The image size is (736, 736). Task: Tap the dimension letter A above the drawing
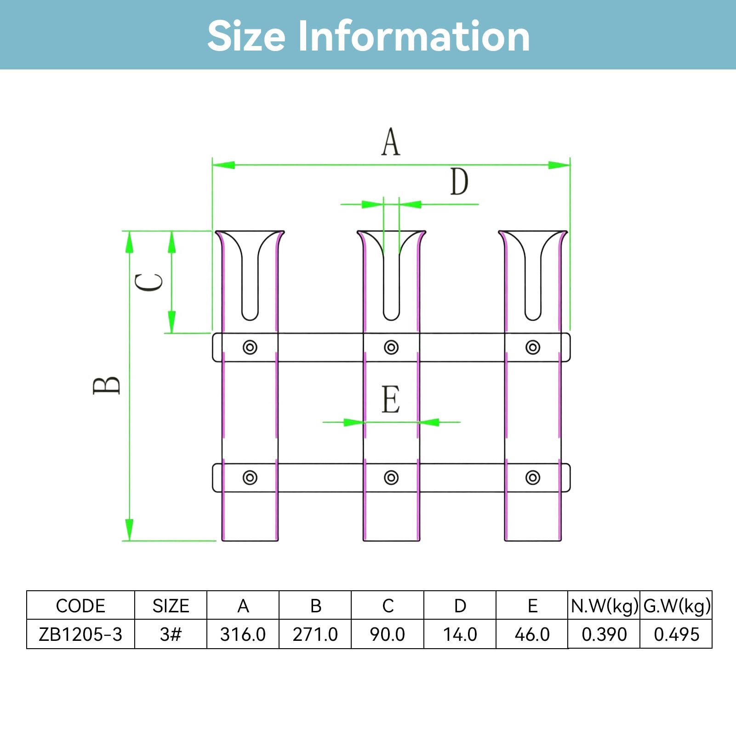(391, 142)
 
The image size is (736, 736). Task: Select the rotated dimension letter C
(148, 282)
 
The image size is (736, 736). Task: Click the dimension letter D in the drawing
(459, 182)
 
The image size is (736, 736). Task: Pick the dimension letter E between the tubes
(391, 399)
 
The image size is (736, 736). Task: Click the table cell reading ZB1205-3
(80, 634)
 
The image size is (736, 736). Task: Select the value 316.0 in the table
(243, 634)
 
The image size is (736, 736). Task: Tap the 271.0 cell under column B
(315, 634)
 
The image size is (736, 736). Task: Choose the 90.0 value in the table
(388, 634)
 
